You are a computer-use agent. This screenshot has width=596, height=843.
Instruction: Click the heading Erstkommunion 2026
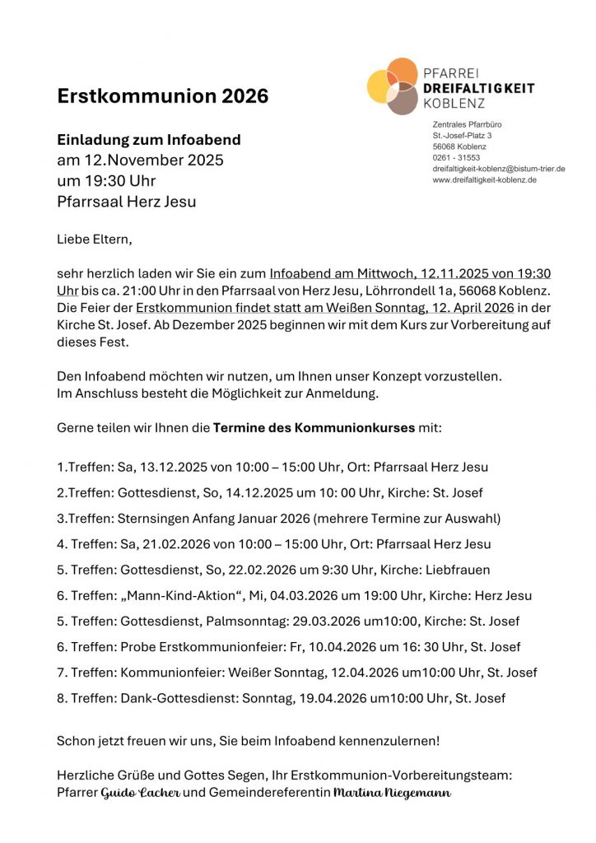pyautogui.click(x=162, y=96)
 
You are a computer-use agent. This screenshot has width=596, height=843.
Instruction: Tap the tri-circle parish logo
pyautogui.click(x=393, y=86)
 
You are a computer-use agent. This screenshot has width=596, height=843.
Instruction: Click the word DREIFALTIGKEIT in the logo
pyautogui.click(x=478, y=88)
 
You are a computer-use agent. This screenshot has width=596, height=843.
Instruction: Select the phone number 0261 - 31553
pyautogui.click(x=456, y=157)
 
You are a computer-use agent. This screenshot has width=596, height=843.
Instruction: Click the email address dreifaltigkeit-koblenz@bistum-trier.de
pyautogui.click(x=498, y=169)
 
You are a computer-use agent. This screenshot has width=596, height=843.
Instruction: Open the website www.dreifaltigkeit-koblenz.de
pyautogui.click(x=484, y=179)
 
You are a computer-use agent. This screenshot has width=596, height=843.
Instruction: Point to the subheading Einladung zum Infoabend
pyautogui.click(x=148, y=140)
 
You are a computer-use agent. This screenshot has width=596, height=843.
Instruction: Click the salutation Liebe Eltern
pyautogui.click(x=94, y=240)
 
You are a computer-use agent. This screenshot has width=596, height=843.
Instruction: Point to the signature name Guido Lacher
pyautogui.click(x=141, y=793)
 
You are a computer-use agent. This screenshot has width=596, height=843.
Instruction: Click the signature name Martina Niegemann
pyautogui.click(x=392, y=793)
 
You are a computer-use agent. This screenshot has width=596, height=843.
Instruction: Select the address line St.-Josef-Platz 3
pyautogui.click(x=462, y=135)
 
